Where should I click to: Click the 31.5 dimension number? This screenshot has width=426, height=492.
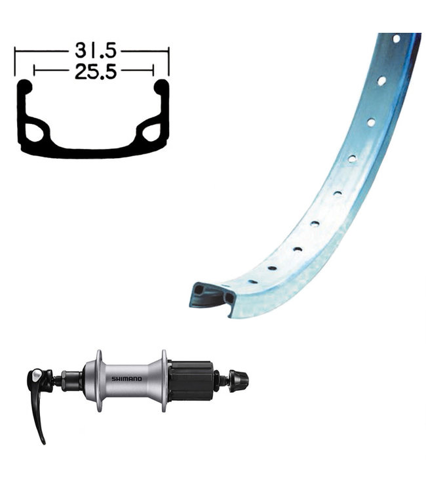coord(96,51)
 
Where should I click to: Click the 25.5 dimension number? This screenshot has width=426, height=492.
coord(96,72)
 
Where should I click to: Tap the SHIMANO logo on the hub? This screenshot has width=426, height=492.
coord(126,379)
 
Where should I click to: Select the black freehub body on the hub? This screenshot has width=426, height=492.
coord(191,380)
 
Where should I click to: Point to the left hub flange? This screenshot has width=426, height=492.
coord(99,380)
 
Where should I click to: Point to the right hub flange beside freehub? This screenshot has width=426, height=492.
coord(164,380)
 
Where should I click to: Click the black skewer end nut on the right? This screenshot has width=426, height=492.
coord(239,380)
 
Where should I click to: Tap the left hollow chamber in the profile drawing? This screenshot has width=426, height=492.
coord(34,133)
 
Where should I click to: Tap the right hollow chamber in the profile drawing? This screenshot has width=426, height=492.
coord(151,133)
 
